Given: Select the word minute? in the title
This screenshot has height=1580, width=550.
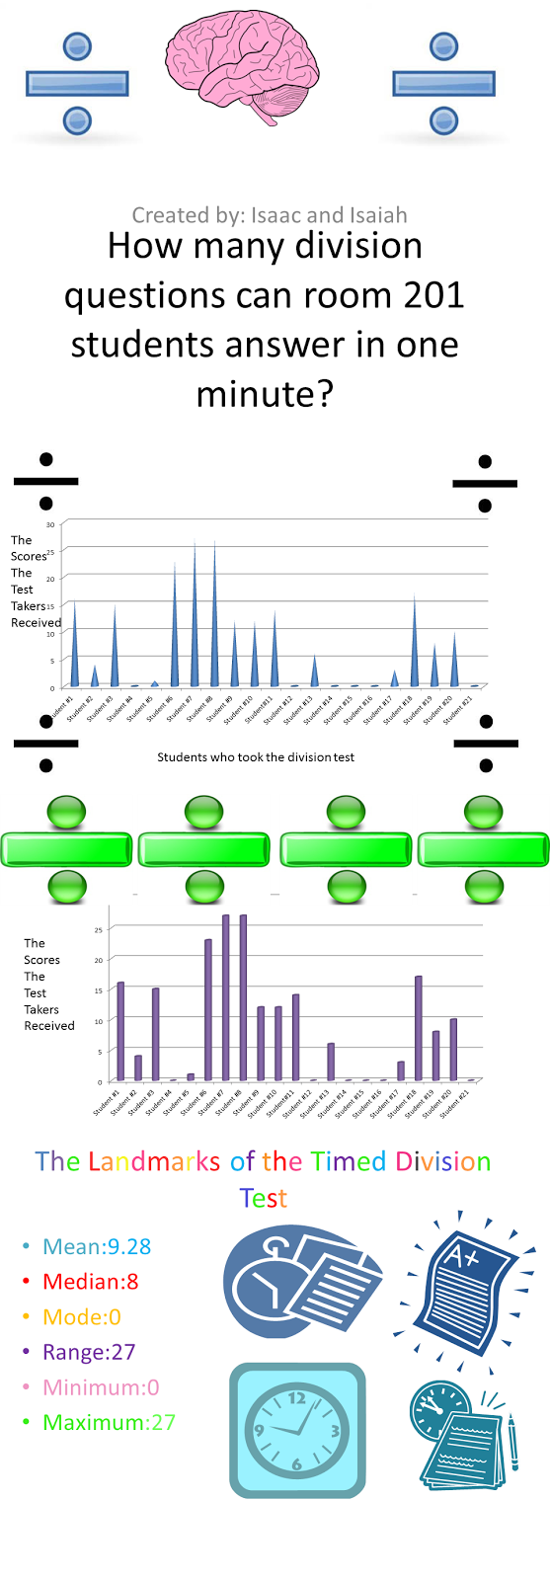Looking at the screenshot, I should (265, 394).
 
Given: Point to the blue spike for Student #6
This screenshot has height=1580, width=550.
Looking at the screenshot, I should (175, 632).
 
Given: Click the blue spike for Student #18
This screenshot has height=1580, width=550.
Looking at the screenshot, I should (415, 647).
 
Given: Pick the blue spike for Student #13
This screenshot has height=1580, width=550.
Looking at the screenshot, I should (315, 673).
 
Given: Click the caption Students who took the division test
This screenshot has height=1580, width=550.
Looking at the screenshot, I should (256, 757).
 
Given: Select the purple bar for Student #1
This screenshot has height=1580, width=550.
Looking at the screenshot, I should (120, 1032).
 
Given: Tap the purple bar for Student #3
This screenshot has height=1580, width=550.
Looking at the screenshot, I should (155, 1035).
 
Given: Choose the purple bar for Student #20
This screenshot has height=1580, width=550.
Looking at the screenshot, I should (453, 1050).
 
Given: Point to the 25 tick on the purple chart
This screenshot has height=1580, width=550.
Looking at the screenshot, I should (99, 929).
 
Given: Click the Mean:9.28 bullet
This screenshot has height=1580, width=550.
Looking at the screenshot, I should (97, 1246).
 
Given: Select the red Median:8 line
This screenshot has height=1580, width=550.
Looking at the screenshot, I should (90, 1282).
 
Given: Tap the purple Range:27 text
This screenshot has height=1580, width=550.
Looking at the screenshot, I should (89, 1352).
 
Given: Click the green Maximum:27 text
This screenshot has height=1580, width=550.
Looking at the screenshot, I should (109, 1422).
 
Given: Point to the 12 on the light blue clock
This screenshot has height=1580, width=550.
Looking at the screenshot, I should (296, 1397).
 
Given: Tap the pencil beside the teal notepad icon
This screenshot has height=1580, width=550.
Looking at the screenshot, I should (512, 1443).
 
